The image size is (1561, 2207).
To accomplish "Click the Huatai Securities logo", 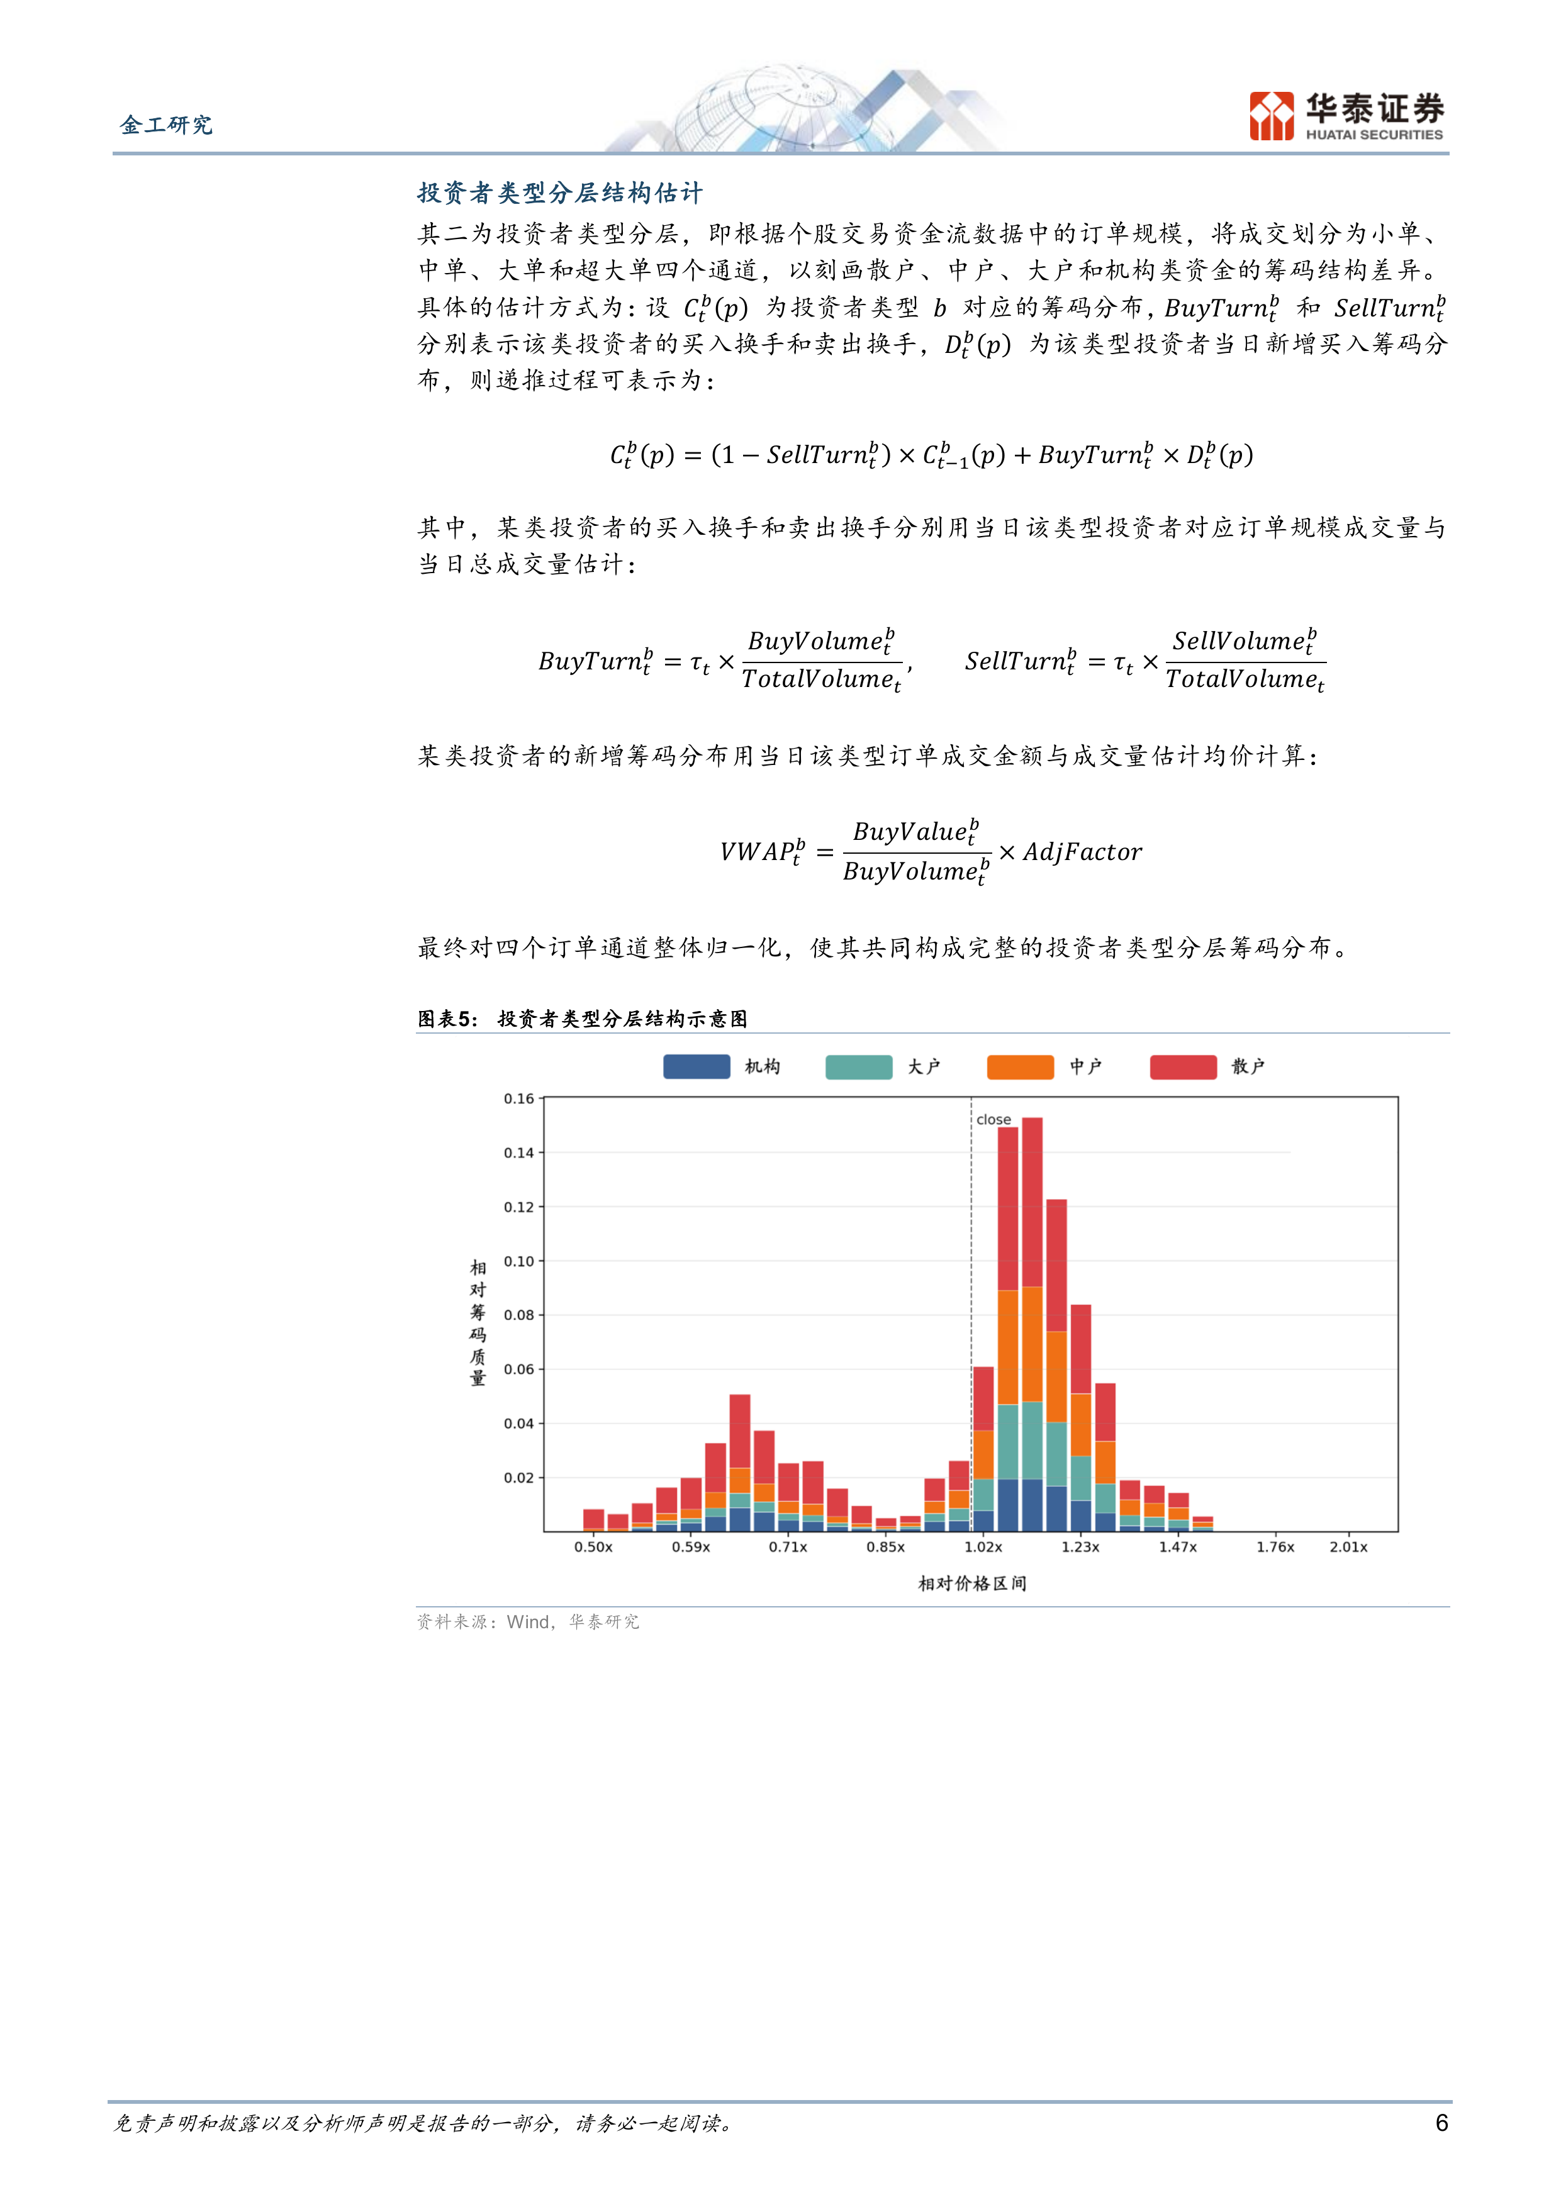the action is [x=1346, y=116].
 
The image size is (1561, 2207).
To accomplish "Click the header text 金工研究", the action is [x=166, y=125].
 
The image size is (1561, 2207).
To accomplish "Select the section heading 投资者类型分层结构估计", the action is [x=559, y=193].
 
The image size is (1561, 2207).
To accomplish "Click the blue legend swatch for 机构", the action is [x=696, y=1066].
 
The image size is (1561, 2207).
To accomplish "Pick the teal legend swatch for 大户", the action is [x=858, y=1066].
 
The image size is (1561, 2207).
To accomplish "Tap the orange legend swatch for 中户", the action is [x=1020, y=1066].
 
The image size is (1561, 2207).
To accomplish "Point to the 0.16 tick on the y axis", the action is [x=519, y=1098].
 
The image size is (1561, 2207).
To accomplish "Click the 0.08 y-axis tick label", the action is [x=519, y=1315].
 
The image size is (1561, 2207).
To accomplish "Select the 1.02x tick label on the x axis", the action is [x=983, y=1546].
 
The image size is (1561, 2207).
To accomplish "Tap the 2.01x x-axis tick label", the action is [x=1348, y=1546].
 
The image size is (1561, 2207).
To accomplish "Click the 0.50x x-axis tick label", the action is [x=593, y=1546].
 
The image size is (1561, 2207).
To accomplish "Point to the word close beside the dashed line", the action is [x=994, y=1120].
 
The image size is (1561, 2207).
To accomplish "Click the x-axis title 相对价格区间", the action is [x=972, y=1583].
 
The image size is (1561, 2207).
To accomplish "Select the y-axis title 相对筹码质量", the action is [x=478, y=1322].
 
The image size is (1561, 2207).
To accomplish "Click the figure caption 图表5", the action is [x=447, y=1019].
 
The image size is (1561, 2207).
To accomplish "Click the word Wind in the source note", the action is [x=528, y=1622].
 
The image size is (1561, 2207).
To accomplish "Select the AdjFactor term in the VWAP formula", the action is [x=1082, y=852].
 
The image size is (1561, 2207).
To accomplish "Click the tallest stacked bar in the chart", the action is [x=1031, y=1324].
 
